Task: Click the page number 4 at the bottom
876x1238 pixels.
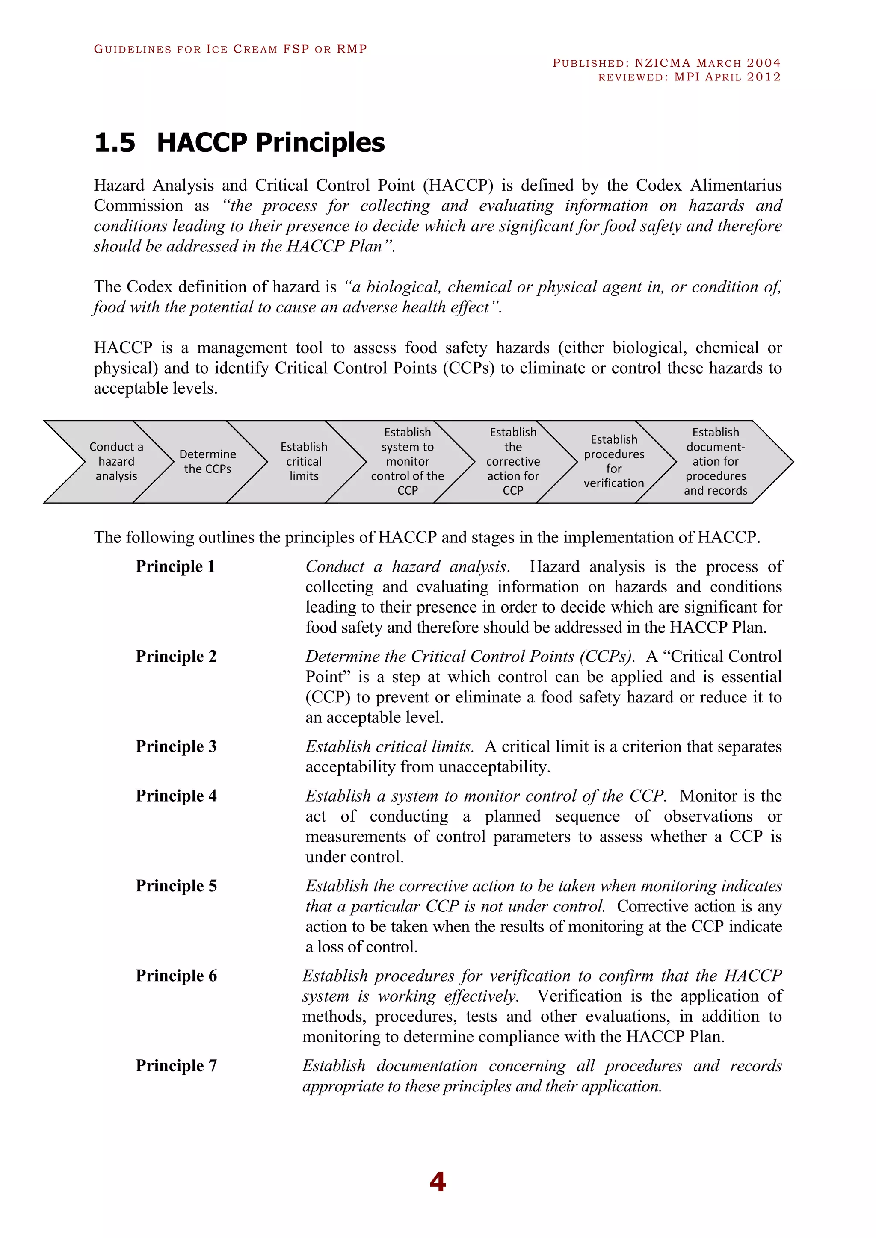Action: (438, 1182)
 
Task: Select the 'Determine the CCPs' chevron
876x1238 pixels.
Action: (208, 462)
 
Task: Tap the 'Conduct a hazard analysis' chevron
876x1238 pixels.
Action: (116, 462)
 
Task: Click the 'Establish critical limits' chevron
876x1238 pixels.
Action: (304, 462)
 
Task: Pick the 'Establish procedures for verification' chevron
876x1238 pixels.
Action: (614, 462)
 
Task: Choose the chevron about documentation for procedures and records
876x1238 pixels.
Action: (716, 462)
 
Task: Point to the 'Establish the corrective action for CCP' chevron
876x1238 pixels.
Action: (513, 462)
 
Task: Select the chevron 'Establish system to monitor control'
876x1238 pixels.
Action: (407, 462)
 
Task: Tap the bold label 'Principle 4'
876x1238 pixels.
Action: (176, 796)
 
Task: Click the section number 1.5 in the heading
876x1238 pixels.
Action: (114, 143)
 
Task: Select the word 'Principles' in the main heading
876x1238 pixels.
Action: (320, 143)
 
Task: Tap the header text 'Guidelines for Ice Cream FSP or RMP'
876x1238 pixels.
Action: (230, 49)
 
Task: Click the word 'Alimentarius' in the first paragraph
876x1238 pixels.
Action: (736, 185)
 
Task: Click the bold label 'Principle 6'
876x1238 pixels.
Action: (176, 976)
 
